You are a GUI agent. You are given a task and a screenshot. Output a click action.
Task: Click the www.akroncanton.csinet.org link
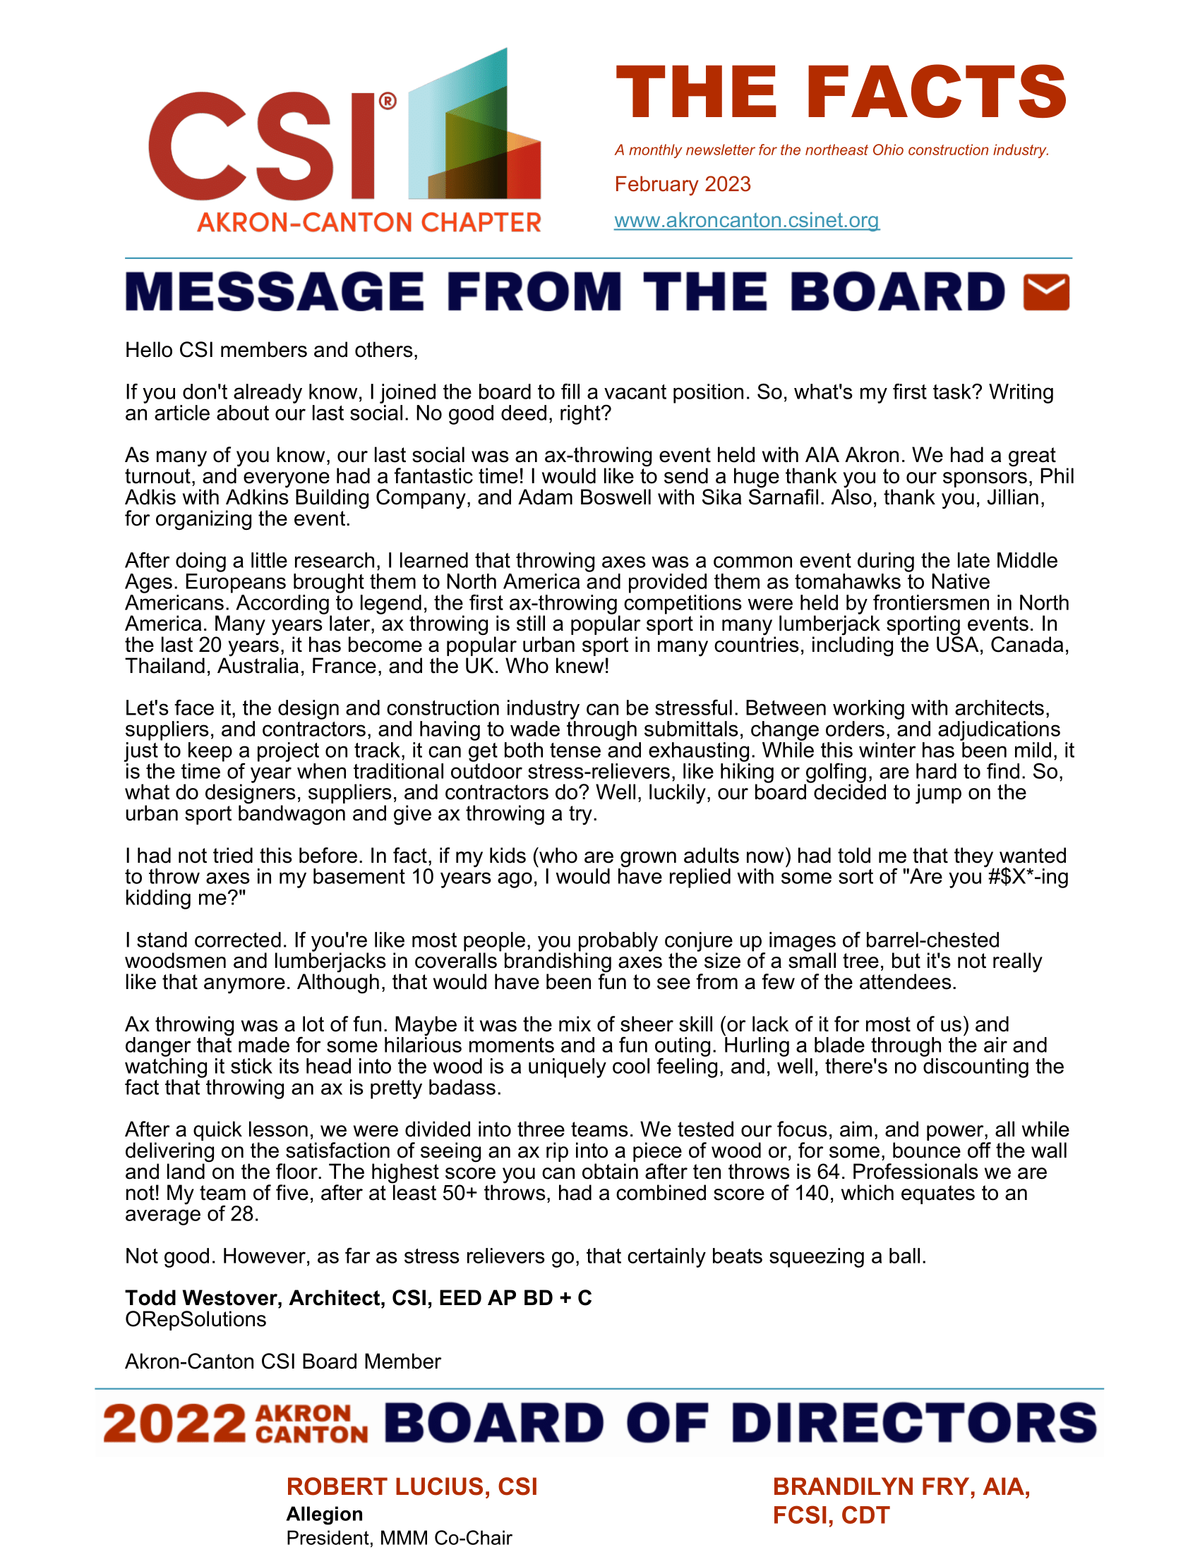pos(746,220)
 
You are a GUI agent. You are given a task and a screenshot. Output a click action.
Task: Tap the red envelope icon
pos(1045,292)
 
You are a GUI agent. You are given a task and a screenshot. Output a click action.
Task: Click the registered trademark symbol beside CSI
pos(388,101)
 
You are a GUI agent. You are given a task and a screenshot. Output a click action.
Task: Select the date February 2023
pos(683,184)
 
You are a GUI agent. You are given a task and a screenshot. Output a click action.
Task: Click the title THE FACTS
pos(841,92)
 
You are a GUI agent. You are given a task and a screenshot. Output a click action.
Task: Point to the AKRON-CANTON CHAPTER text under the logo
pos(369,222)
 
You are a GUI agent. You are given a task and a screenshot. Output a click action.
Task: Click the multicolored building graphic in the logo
pos(474,128)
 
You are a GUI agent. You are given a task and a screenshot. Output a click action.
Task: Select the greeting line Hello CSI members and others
pos(272,351)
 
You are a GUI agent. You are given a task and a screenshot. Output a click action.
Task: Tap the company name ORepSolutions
pos(196,1319)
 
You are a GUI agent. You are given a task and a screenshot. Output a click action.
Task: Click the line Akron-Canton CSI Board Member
pos(283,1361)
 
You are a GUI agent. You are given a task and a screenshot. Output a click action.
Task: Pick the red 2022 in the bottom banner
pos(174,1424)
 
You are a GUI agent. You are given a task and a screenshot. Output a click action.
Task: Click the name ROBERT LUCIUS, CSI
pos(412,1486)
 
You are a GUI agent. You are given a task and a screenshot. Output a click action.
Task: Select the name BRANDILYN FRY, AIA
pos(901,1486)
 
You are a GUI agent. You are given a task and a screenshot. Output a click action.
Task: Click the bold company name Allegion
pos(324,1514)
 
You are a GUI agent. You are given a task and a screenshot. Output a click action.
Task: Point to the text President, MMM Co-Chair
pos(399,1538)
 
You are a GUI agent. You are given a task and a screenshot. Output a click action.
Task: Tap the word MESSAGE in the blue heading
pos(275,292)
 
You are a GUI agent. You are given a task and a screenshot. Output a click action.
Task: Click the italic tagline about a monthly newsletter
pos(832,150)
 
